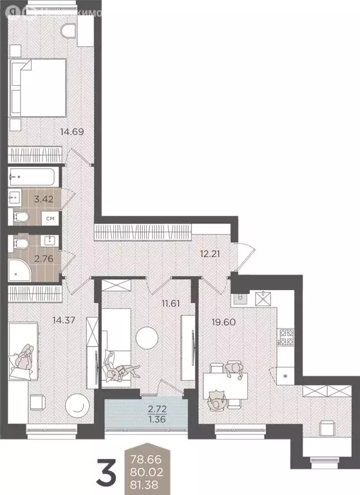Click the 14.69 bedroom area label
[73, 133]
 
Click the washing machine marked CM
[50, 219]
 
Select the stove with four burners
[285, 336]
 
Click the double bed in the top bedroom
[39, 86]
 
